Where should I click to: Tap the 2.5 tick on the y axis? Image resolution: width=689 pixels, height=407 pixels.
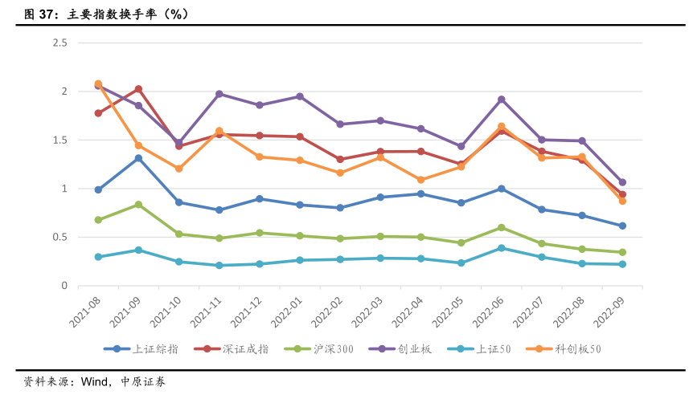point(59,43)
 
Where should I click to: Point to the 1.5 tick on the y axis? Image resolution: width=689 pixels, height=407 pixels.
point(59,140)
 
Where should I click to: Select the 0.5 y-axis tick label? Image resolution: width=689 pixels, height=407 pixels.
point(59,237)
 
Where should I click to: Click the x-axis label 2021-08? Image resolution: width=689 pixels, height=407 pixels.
point(85,311)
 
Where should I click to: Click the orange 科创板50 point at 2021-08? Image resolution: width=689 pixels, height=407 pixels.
point(98,83)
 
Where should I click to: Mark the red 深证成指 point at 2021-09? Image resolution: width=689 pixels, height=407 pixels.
point(138,89)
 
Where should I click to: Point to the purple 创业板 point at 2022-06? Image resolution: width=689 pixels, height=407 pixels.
point(501,100)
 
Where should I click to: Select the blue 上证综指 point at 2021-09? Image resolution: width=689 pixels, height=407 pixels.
point(138,158)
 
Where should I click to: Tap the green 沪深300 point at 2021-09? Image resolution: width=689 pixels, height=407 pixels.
point(138,205)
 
